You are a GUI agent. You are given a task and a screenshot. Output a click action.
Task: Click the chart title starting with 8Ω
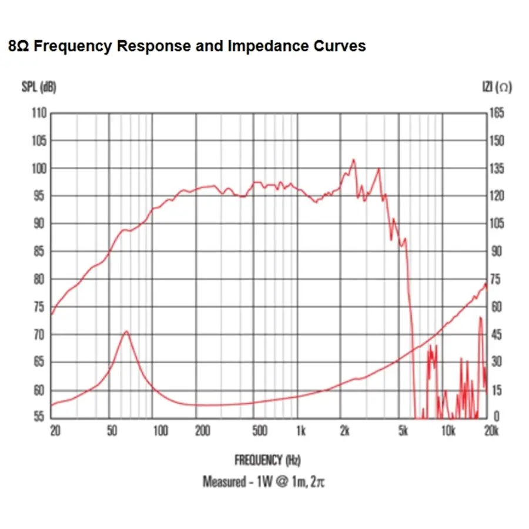pos(187,46)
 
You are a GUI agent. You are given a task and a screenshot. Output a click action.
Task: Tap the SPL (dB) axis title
pos(39,87)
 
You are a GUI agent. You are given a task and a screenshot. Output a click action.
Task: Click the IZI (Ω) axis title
pos(497,87)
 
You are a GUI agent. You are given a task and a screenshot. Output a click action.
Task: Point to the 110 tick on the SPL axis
pos(39,113)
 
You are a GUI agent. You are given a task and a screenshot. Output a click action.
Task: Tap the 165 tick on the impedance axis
pos(497,113)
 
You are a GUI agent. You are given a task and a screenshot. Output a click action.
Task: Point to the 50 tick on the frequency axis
pos(112,431)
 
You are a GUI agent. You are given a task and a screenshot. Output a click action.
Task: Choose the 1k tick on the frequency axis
pos(300,431)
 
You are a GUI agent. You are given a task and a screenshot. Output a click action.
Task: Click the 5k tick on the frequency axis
pos(403,431)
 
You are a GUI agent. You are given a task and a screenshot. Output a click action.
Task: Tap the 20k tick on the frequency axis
pos(491,431)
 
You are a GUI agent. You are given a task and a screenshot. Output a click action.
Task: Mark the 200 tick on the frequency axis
pos(202,431)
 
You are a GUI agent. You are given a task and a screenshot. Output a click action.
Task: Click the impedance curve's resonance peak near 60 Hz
pos(126,332)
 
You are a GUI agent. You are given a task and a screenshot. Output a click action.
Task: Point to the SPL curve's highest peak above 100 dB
pos(353,159)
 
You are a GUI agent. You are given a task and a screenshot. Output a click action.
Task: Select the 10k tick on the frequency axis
pos(448,431)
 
